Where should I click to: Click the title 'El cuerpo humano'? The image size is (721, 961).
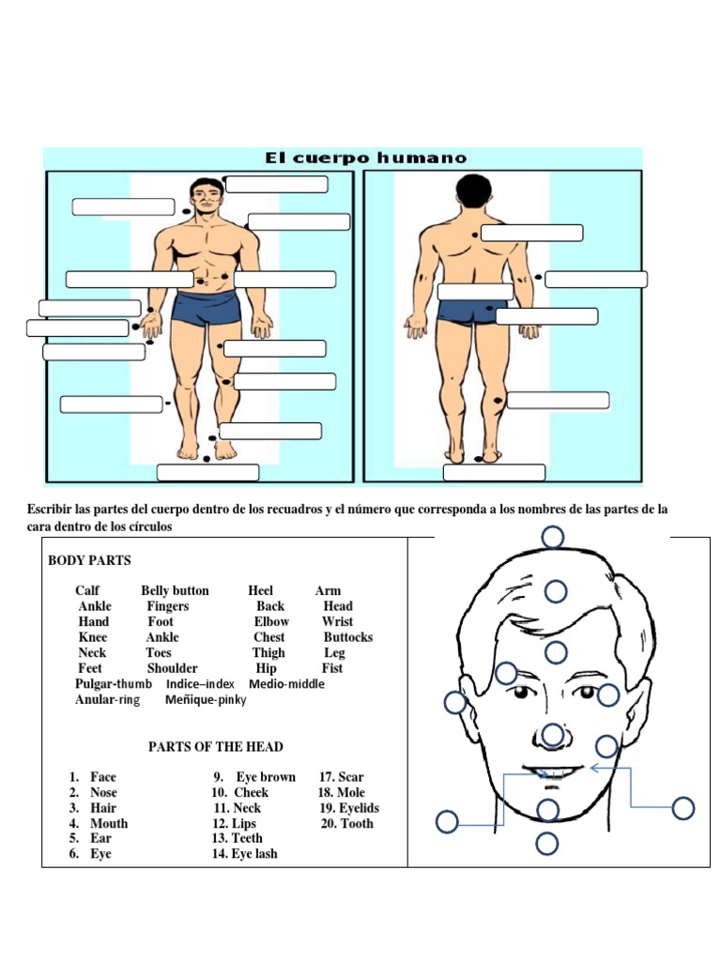coord(365,158)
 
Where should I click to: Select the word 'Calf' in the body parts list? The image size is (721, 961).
coord(87,590)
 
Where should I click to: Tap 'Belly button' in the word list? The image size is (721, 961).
coord(175,590)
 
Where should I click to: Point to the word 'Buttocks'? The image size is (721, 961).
coord(347,637)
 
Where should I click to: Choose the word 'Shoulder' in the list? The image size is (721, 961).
coord(172,668)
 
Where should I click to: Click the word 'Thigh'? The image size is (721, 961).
coord(268,652)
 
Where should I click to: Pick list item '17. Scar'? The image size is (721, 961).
coord(342,777)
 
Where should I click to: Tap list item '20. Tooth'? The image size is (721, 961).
coord(345,823)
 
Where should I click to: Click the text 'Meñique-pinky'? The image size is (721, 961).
coord(206,700)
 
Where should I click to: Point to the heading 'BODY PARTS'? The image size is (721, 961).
coord(89,560)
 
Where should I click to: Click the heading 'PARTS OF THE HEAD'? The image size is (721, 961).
coord(216,746)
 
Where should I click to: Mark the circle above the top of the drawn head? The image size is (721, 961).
coord(552,537)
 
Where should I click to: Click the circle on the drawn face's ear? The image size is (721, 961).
coord(455,702)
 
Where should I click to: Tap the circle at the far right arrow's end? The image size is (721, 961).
coord(683,807)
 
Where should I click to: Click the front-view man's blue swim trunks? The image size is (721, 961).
coord(206,308)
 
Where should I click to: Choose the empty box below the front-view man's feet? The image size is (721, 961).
coord(207,472)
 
